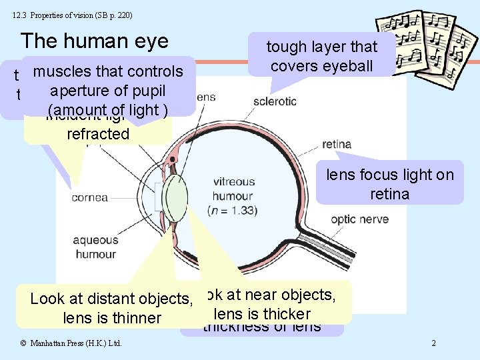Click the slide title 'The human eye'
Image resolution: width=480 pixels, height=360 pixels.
(95, 41)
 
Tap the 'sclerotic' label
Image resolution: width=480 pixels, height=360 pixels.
(275, 101)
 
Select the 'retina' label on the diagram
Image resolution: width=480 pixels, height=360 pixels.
(336, 144)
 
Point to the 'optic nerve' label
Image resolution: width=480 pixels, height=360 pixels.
(359, 219)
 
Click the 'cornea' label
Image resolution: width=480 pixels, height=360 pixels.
(89, 197)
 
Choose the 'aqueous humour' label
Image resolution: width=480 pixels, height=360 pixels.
(95, 247)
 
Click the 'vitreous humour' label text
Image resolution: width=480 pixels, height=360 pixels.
(234, 188)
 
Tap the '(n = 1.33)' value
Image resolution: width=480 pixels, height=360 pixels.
(234, 211)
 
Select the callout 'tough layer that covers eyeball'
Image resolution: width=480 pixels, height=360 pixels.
(322, 56)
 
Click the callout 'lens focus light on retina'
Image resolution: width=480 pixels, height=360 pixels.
(389, 184)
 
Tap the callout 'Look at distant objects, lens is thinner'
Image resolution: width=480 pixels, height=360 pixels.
(111, 308)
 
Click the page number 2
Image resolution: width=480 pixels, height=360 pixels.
(433, 343)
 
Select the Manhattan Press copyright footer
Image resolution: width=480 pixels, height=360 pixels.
(70, 343)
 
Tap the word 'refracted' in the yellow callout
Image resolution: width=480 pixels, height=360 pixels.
(98, 133)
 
